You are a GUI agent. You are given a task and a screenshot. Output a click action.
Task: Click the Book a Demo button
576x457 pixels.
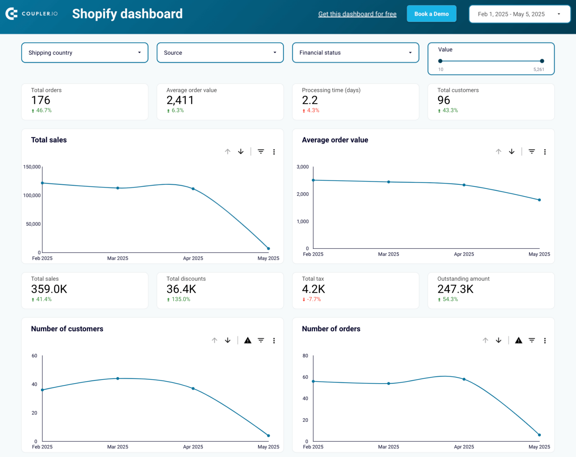[x=431, y=14]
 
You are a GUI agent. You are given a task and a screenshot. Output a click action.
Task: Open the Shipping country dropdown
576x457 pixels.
[x=85, y=53]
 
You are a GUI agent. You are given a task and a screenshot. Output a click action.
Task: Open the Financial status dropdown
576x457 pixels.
[x=355, y=53]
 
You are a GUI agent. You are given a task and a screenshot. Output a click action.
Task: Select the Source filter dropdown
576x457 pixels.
[x=220, y=53]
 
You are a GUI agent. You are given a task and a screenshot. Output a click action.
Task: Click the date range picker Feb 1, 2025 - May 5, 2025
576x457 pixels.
[x=519, y=14]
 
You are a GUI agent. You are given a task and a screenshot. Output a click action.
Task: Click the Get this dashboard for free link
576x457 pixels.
[x=357, y=14]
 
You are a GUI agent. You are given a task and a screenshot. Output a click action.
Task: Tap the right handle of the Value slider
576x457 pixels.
[x=542, y=61]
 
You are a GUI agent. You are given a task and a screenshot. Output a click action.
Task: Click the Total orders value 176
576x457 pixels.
[x=40, y=100]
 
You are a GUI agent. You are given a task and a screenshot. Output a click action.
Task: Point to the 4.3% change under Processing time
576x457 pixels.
[x=313, y=111]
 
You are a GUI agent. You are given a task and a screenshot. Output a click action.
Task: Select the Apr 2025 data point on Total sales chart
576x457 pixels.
[x=193, y=189]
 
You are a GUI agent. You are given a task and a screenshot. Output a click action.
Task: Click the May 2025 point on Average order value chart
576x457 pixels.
[x=539, y=200]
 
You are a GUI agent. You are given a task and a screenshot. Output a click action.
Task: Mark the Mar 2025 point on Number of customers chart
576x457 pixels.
[x=118, y=379]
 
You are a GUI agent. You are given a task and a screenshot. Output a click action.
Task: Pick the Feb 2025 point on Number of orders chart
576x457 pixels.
[x=313, y=382]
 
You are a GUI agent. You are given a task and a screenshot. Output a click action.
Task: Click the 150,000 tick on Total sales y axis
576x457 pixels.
[x=32, y=167]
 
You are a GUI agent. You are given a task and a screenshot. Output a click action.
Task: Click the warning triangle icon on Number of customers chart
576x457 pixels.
[x=247, y=340]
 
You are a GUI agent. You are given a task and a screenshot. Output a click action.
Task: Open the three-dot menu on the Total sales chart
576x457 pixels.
[x=274, y=152]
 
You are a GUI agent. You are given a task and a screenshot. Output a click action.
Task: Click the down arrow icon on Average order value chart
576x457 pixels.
[x=511, y=152]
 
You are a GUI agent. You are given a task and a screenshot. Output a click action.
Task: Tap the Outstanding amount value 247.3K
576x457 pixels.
[x=455, y=289]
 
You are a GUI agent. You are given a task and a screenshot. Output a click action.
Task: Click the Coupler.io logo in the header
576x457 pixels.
[x=31, y=14]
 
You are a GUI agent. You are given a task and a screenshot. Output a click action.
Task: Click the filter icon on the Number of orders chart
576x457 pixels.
[x=532, y=340]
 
